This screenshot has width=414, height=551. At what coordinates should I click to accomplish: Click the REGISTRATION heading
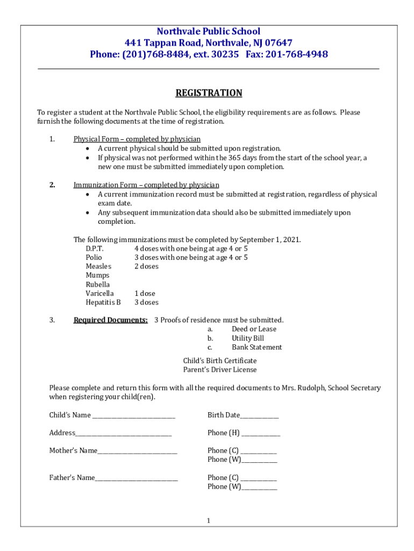[x=209, y=93]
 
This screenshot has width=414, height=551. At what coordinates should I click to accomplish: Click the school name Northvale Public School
[x=209, y=31]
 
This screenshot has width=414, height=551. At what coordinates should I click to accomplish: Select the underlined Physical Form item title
[x=137, y=139]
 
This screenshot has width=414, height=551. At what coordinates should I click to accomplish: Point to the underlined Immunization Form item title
[x=146, y=185]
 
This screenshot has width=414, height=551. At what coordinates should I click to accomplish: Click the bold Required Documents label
[x=110, y=320]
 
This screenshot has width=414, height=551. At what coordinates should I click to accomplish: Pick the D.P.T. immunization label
[x=95, y=249]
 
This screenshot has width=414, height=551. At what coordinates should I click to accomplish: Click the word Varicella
[x=99, y=293]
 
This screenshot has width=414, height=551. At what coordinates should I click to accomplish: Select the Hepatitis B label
[x=103, y=302]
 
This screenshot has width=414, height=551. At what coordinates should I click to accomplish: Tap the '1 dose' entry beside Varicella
[x=145, y=293]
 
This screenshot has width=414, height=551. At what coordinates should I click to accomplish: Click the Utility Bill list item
[x=248, y=338]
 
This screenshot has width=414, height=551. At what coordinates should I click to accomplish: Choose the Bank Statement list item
[x=256, y=347]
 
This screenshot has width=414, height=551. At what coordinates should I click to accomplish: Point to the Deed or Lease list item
[x=254, y=329]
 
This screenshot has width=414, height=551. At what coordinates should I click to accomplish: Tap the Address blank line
[x=124, y=434]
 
